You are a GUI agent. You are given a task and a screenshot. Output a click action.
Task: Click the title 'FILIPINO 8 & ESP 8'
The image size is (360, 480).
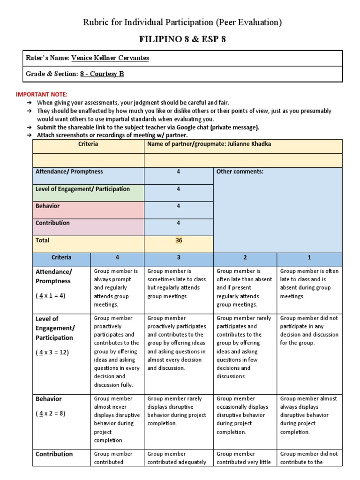182,39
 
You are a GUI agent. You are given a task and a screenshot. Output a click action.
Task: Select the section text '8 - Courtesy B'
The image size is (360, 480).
102,74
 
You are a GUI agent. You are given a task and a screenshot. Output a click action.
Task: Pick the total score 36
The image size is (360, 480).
178,240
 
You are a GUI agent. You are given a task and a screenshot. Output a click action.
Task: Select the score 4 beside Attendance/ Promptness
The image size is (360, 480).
178,172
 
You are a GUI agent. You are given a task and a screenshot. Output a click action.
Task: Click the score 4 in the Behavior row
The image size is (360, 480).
178,206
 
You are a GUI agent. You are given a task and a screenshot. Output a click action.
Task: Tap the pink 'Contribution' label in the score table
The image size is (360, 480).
52,223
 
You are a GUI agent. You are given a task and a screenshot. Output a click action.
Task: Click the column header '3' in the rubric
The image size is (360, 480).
178,257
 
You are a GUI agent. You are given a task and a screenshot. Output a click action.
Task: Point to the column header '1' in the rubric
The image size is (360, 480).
309,257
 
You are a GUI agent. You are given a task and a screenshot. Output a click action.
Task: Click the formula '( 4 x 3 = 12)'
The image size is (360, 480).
52,352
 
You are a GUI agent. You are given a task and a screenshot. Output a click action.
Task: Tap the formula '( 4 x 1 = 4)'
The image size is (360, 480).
50,296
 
